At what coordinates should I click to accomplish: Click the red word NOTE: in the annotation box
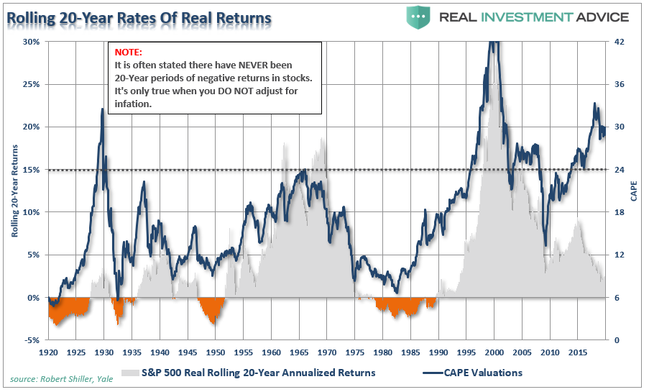pyautogui.click(x=128, y=53)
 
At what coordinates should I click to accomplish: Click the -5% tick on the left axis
pyautogui.click(x=32, y=340)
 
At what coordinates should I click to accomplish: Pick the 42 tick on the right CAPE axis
pyautogui.click(x=620, y=42)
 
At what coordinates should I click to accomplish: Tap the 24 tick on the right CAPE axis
pyautogui.click(x=620, y=170)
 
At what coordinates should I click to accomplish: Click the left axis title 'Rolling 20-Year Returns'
pyautogui.click(x=14, y=191)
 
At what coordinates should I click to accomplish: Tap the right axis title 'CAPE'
pyautogui.click(x=634, y=191)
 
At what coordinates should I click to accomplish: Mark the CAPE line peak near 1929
pyautogui.click(x=103, y=110)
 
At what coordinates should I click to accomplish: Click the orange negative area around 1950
pyautogui.click(x=212, y=309)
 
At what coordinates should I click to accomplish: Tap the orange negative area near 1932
pyautogui.click(x=118, y=308)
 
